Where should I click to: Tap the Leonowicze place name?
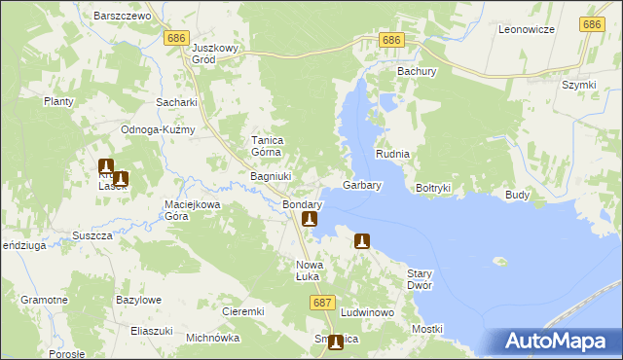pos(526,29)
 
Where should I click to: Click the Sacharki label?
pos(176,101)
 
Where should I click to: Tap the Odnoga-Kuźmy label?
pos(158,129)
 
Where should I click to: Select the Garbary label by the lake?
pos(362,184)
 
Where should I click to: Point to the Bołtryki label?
pos(433,187)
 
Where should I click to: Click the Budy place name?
pos(517,195)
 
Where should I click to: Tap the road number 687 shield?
pos(324,304)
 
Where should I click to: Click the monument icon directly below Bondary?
pos(310,220)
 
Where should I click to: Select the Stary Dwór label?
pos(419,280)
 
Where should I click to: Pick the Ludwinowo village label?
pos(367,312)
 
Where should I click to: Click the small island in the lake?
pos(501,261)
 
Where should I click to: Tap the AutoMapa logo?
pos(558,342)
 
